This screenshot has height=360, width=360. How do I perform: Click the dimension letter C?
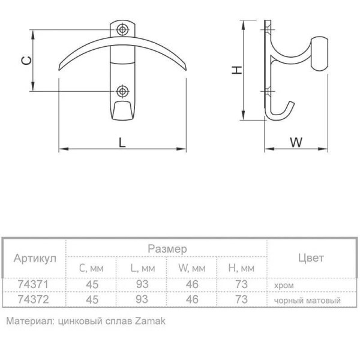click(x=26, y=61)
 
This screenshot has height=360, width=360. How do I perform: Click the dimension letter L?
click(x=122, y=142)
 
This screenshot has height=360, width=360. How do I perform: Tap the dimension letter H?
click(x=237, y=70)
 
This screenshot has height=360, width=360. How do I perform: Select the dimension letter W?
click(x=296, y=142)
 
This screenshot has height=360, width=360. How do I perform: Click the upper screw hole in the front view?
click(x=122, y=29)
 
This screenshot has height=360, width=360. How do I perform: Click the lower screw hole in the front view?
click(x=122, y=91)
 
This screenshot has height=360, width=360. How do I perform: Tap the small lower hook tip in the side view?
click(x=292, y=103)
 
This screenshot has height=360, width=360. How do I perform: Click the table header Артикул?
click(x=35, y=259)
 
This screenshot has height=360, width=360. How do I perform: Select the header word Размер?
click(x=167, y=249)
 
